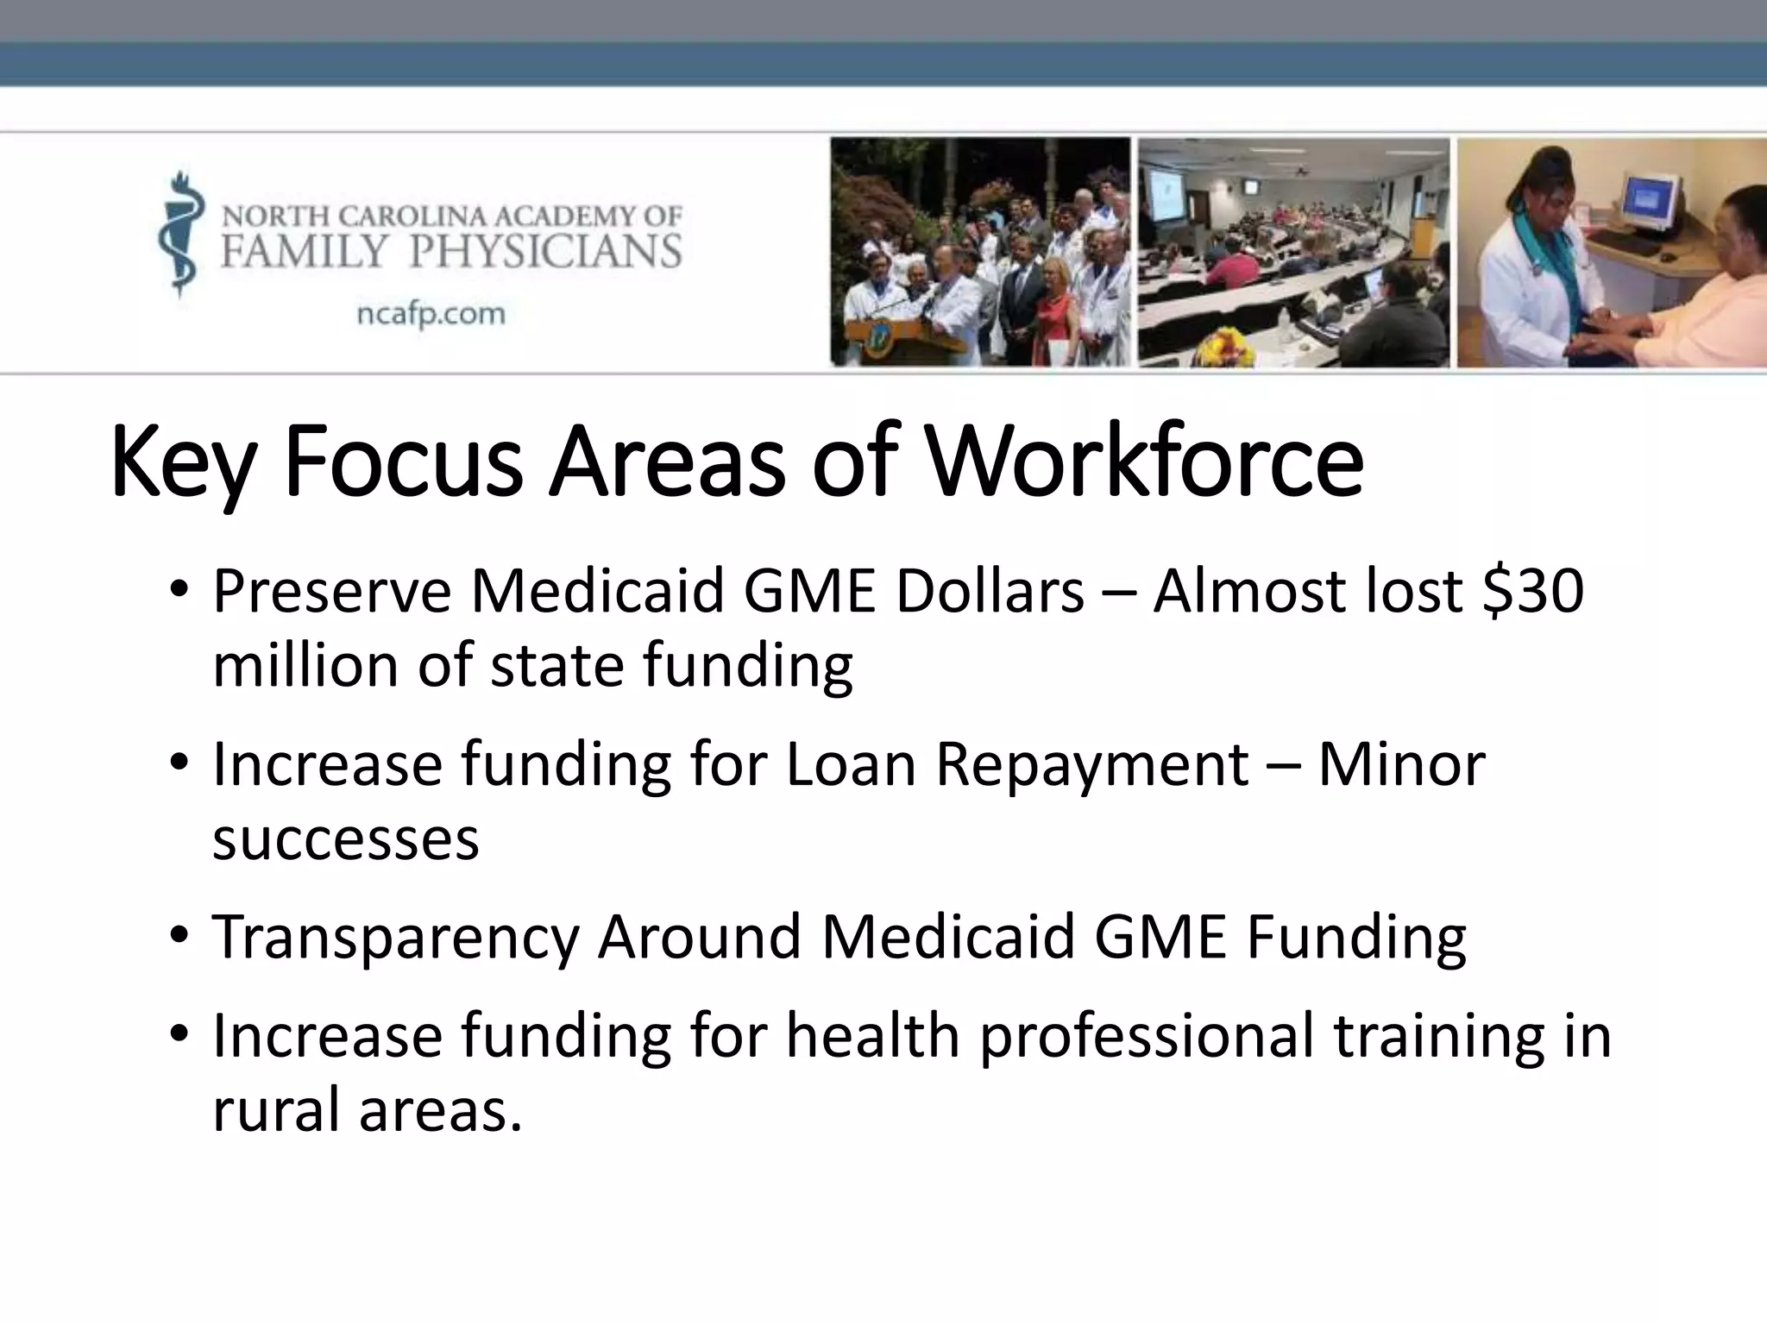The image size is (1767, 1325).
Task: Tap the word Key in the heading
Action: (184, 464)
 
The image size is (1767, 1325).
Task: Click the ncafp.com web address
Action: (431, 313)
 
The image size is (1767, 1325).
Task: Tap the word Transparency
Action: (395, 937)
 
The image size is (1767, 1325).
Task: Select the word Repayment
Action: (1091, 764)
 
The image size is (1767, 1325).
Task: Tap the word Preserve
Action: (332, 592)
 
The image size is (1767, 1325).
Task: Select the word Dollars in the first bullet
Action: (990, 592)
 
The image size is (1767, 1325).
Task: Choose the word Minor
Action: (1401, 764)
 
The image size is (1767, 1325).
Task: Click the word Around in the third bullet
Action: (699, 937)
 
